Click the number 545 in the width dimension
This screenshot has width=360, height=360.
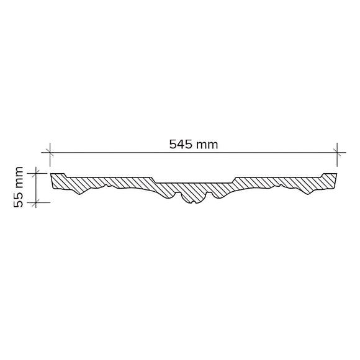180,145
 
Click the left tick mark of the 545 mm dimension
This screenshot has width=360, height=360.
50,152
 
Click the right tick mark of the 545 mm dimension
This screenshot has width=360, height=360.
337,152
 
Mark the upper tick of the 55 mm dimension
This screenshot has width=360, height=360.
36,173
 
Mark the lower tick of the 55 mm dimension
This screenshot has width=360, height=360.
36,202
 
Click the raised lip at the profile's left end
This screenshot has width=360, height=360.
57,176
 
